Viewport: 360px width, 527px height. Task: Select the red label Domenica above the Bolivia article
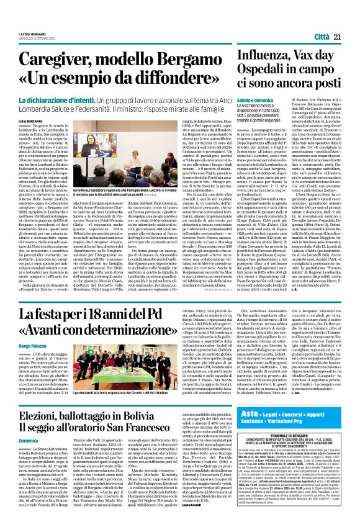point(29,475)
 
